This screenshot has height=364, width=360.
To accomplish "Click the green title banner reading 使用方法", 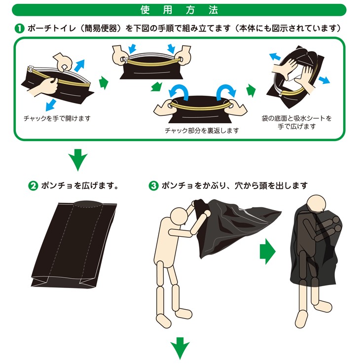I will (x=180, y=9).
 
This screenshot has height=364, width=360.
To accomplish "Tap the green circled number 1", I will (x=19, y=28).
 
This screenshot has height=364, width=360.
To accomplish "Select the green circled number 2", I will (x=33, y=186).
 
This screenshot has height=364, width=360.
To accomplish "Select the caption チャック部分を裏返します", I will (x=202, y=131).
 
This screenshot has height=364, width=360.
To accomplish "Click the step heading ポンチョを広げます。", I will (x=79, y=186).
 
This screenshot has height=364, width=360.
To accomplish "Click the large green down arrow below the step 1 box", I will (x=77, y=160).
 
